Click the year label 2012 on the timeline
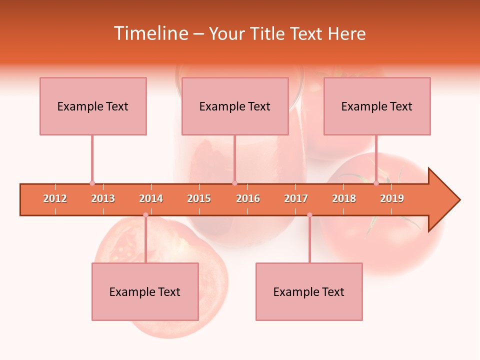(x=55, y=198)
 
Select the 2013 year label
(x=103, y=198)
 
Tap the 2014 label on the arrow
(x=151, y=198)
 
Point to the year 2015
(x=199, y=198)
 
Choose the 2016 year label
(x=248, y=198)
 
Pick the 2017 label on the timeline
(x=296, y=198)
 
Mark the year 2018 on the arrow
(x=344, y=198)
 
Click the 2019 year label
(x=392, y=198)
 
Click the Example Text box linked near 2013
(x=93, y=106)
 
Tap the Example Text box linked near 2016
(x=235, y=106)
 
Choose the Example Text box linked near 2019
(x=377, y=106)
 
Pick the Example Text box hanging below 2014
(x=145, y=291)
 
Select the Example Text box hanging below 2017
(x=309, y=291)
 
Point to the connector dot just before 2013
(x=92, y=183)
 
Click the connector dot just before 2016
(x=234, y=183)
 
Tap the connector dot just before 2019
(x=376, y=183)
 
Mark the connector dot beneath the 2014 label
(x=145, y=215)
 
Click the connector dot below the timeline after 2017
(x=309, y=215)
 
